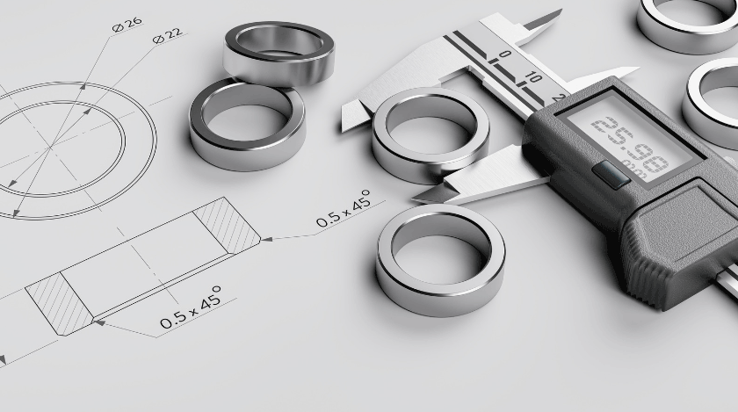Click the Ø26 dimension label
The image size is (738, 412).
[x=127, y=25]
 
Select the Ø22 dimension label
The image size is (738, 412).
[x=168, y=36]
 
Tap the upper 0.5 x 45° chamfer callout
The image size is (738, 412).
[x=344, y=208]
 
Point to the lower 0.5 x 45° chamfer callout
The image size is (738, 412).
[x=191, y=307]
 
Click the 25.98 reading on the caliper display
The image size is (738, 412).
[x=629, y=144]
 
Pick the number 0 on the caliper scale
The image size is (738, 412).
[x=504, y=54]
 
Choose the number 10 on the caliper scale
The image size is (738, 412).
[x=532, y=76]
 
